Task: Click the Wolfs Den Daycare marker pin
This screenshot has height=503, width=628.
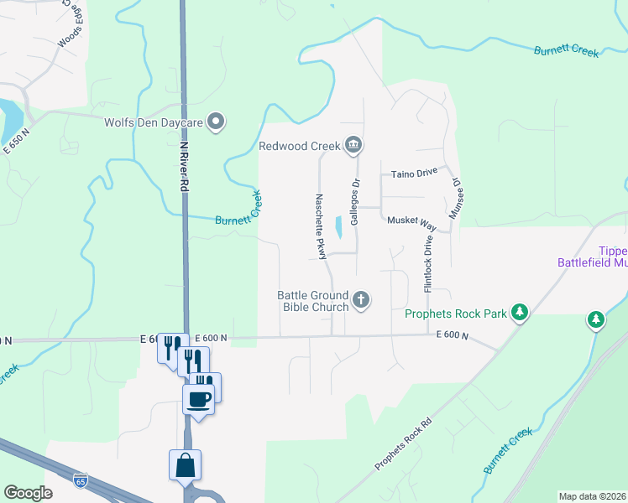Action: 217,122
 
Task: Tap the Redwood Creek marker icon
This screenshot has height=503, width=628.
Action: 353,146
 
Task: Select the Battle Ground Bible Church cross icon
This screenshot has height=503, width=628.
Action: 361,299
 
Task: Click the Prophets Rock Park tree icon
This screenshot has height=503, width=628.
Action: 521,314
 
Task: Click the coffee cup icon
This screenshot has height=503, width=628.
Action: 198,399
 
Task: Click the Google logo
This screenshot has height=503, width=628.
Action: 28,492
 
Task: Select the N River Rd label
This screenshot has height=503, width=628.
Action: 182,165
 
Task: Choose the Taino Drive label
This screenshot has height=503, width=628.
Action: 414,173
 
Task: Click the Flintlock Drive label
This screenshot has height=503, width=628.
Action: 428,262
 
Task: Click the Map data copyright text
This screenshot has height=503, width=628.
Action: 592,496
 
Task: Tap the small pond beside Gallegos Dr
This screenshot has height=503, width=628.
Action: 338,227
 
